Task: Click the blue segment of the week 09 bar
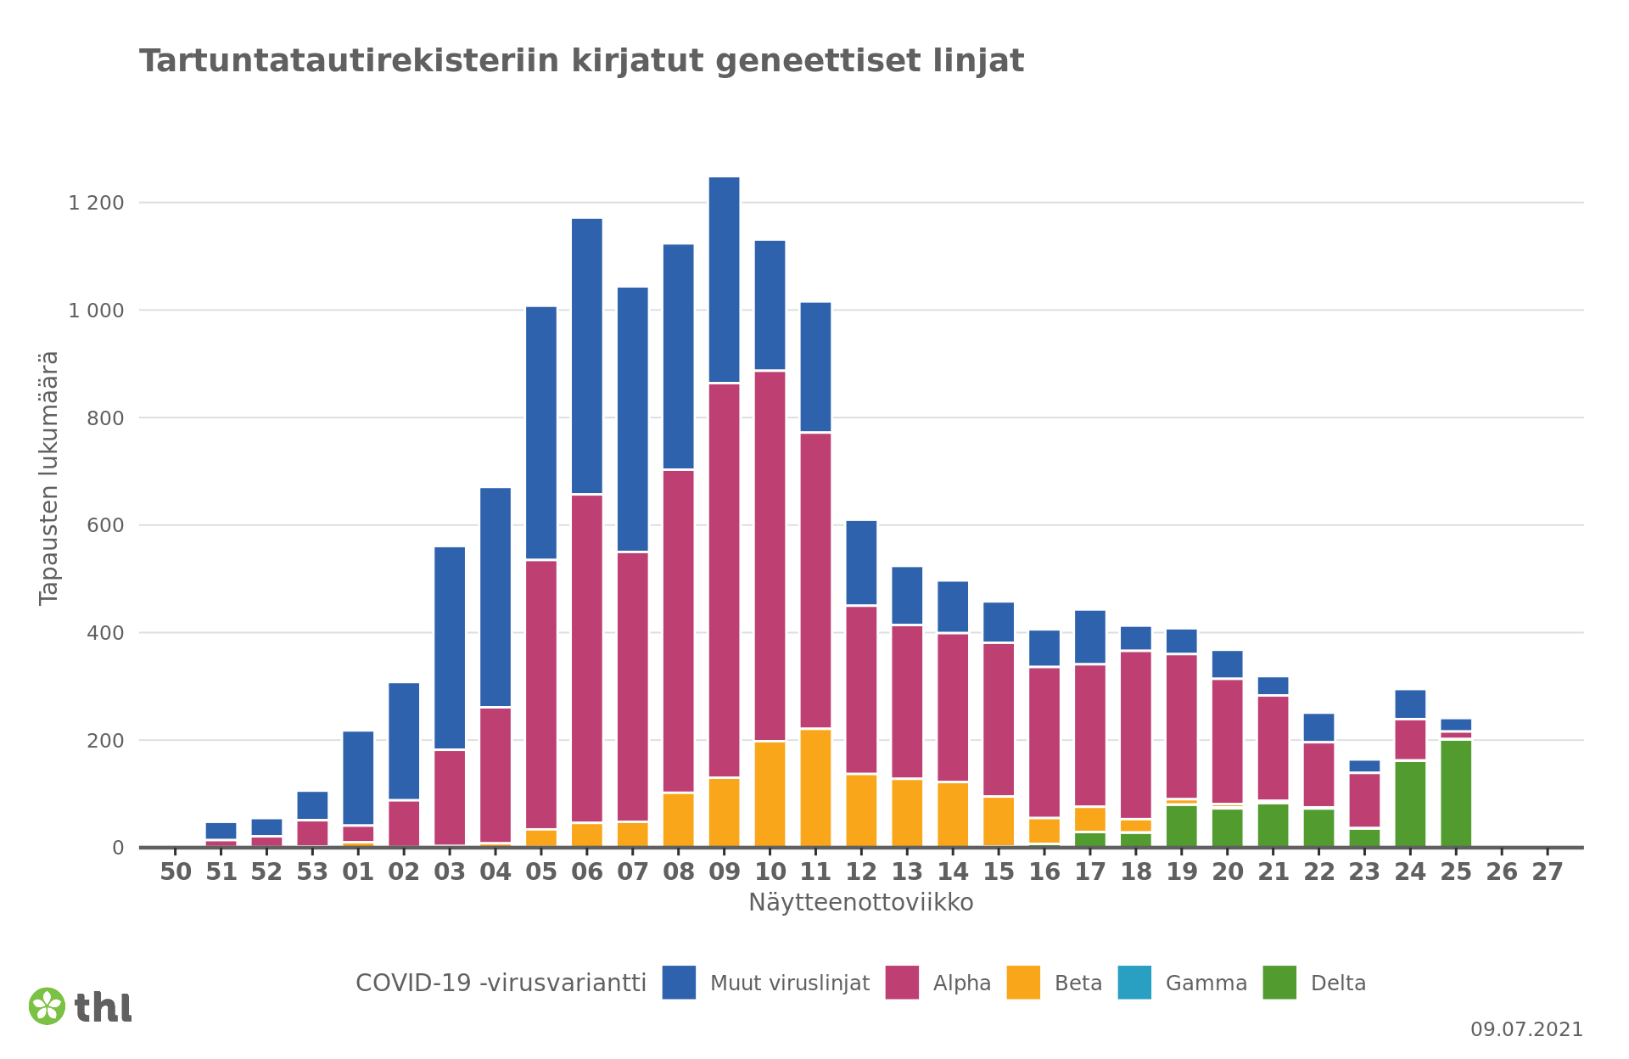point(724,280)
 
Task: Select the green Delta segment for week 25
point(1455,793)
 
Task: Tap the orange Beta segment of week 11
point(815,787)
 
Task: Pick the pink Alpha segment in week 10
point(770,556)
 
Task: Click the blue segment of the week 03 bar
point(450,647)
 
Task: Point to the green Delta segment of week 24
point(1409,804)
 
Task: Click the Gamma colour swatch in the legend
point(1134,983)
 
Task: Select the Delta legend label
point(1338,983)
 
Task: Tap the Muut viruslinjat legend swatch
point(679,983)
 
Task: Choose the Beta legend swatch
point(1023,983)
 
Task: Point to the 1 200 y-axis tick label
point(96,203)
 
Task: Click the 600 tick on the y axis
point(105,525)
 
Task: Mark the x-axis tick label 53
point(312,872)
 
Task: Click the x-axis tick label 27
point(1547,872)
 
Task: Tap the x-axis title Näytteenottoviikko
point(860,903)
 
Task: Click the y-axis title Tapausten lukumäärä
point(49,478)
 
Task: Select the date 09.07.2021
point(1526,1029)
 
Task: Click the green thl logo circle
point(47,1006)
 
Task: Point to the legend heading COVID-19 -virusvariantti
point(501,983)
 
